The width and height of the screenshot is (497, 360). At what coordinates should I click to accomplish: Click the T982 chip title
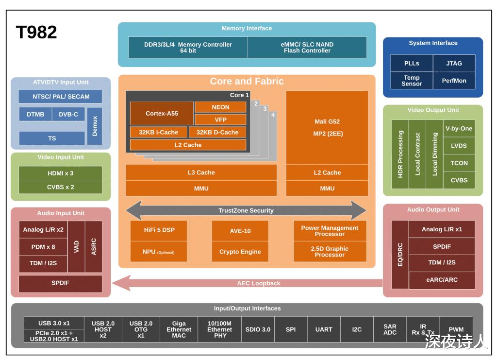point(36,33)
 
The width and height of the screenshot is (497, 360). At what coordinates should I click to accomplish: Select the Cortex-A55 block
point(162,114)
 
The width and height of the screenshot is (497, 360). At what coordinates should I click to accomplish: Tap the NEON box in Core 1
point(220,107)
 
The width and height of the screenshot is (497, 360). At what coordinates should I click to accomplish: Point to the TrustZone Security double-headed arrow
point(246,210)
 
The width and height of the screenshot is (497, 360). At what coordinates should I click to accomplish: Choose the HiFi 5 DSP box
point(159,230)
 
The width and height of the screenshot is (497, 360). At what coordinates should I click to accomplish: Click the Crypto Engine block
point(240,252)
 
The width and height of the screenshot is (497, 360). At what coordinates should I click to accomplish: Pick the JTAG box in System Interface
point(454,63)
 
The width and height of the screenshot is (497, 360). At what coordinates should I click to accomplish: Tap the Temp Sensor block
point(412,81)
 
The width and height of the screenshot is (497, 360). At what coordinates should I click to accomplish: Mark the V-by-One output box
point(459,129)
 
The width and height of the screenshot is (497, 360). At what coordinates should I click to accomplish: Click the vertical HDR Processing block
point(400,154)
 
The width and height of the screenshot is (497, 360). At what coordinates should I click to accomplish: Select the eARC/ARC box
point(442,280)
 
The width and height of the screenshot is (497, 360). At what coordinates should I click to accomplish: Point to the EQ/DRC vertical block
point(400,254)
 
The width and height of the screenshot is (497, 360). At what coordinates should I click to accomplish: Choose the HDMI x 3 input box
point(60,173)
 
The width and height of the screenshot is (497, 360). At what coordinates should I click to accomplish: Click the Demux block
point(95,126)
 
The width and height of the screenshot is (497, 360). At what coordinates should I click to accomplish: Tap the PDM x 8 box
point(43,247)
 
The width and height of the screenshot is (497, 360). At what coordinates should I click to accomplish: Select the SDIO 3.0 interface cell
point(258,329)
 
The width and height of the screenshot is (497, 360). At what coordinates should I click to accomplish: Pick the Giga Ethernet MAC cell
point(179,329)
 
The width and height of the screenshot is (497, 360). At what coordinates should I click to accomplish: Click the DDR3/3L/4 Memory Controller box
point(188,48)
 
